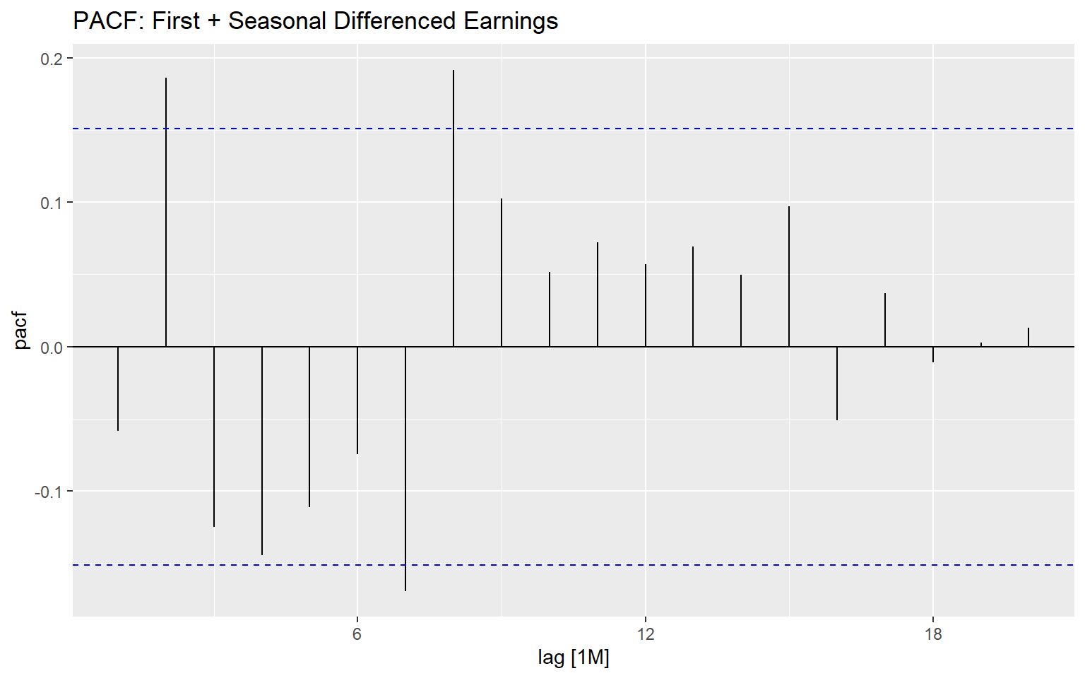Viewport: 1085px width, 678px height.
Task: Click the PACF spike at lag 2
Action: point(166,212)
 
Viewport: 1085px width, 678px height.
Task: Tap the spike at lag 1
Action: point(118,388)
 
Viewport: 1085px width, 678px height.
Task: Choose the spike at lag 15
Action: point(789,276)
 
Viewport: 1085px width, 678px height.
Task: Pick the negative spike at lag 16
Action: point(837,383)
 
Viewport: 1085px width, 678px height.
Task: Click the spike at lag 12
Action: point(646,305)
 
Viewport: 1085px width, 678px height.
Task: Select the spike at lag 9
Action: point(502,273)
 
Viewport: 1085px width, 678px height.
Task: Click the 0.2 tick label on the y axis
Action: point(52,59)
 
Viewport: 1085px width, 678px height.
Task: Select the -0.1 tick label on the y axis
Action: point(49,492)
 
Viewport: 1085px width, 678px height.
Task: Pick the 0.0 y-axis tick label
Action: point(52,347)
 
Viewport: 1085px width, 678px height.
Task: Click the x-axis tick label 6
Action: point(357,634)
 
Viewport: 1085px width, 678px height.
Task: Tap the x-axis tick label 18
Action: point(933,634)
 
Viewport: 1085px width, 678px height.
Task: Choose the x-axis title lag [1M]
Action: point(574,658)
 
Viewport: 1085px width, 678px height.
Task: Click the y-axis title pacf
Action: point(21,331)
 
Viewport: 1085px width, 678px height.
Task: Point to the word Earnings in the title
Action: point(511,21)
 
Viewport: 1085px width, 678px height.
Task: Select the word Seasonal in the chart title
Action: point(278,21)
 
